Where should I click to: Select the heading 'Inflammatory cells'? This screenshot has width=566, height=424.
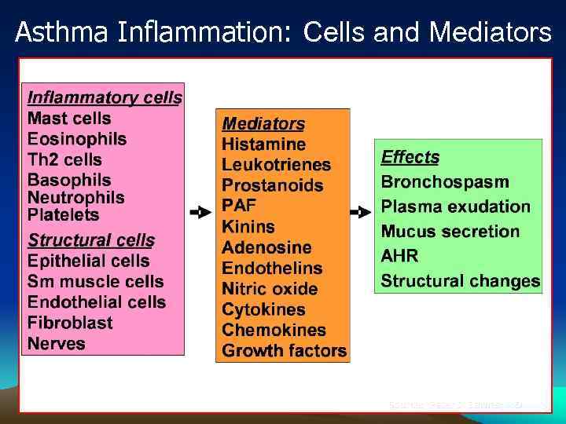[104, 98]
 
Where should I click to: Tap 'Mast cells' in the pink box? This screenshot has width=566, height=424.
[69, 119]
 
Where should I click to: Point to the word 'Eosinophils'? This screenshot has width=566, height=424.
[77, 139]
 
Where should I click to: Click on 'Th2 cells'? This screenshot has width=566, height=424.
[64, 159]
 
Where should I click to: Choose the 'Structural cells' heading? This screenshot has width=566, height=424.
[91, 240]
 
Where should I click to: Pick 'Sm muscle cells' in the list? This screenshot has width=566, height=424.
[95, 281]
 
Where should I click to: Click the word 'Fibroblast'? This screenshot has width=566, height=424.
[70, 323]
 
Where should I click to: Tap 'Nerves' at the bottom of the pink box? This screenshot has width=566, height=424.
[56, 343]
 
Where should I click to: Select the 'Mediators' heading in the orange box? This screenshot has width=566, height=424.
[263, 123]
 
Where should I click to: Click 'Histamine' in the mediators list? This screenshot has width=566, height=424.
[263, 144]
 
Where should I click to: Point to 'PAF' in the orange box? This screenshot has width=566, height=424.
[239, 207]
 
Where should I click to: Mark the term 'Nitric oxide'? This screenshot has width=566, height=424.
[270, 289]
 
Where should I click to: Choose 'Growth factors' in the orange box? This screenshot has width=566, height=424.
[284, 350]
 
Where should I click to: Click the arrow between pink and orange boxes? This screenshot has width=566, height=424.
[200, 212]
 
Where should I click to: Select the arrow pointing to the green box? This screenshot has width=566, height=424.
[361, 212]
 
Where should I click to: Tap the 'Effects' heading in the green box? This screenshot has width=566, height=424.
[410, 157]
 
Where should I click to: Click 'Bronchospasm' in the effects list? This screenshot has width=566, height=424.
[445, 182]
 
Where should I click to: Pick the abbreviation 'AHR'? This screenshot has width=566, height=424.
[399, 256]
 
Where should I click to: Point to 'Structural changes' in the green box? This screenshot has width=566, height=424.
[461, 281]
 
